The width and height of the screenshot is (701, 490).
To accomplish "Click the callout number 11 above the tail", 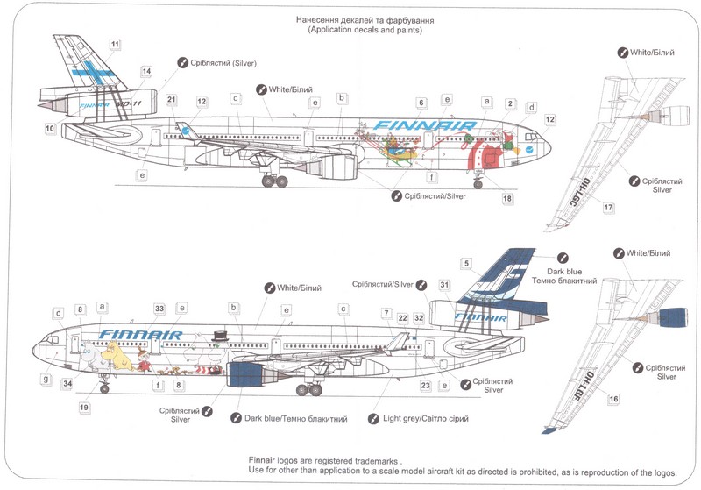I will click(x=116, y=43).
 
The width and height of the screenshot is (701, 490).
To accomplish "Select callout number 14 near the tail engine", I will click(x=146, y=71).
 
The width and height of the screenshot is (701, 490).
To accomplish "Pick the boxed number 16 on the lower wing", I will click(x=613, y=399).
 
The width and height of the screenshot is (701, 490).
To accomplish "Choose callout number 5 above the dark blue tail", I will click(x=467, y=263).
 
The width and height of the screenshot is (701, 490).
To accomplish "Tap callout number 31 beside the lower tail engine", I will click(x=444, y=284).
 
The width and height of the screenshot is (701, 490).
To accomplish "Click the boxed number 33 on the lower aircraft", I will click(x=159, y=309).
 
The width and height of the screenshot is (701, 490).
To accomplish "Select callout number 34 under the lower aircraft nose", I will click(x=67, y=383).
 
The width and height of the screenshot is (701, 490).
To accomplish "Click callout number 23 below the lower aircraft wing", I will click(x=425, y=385).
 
